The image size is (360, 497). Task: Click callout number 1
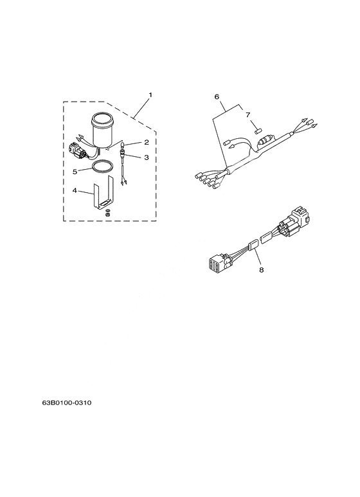pos(150,95)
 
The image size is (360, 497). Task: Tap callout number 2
pos(147,142)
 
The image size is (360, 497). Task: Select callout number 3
pos(147,158)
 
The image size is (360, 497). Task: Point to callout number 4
pos(75,190)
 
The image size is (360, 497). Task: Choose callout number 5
pos(75,172)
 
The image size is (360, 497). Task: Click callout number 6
pos(217,96)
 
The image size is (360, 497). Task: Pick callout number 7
pos(248,114)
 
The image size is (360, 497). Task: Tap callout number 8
pos(262,270)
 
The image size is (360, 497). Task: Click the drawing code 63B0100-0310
pos(67,403)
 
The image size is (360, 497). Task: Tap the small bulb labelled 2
pos(122,146)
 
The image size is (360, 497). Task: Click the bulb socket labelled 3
pos(122,155)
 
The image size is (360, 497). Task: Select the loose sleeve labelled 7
pos(257,130)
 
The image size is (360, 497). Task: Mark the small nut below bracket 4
pos(108,215)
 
